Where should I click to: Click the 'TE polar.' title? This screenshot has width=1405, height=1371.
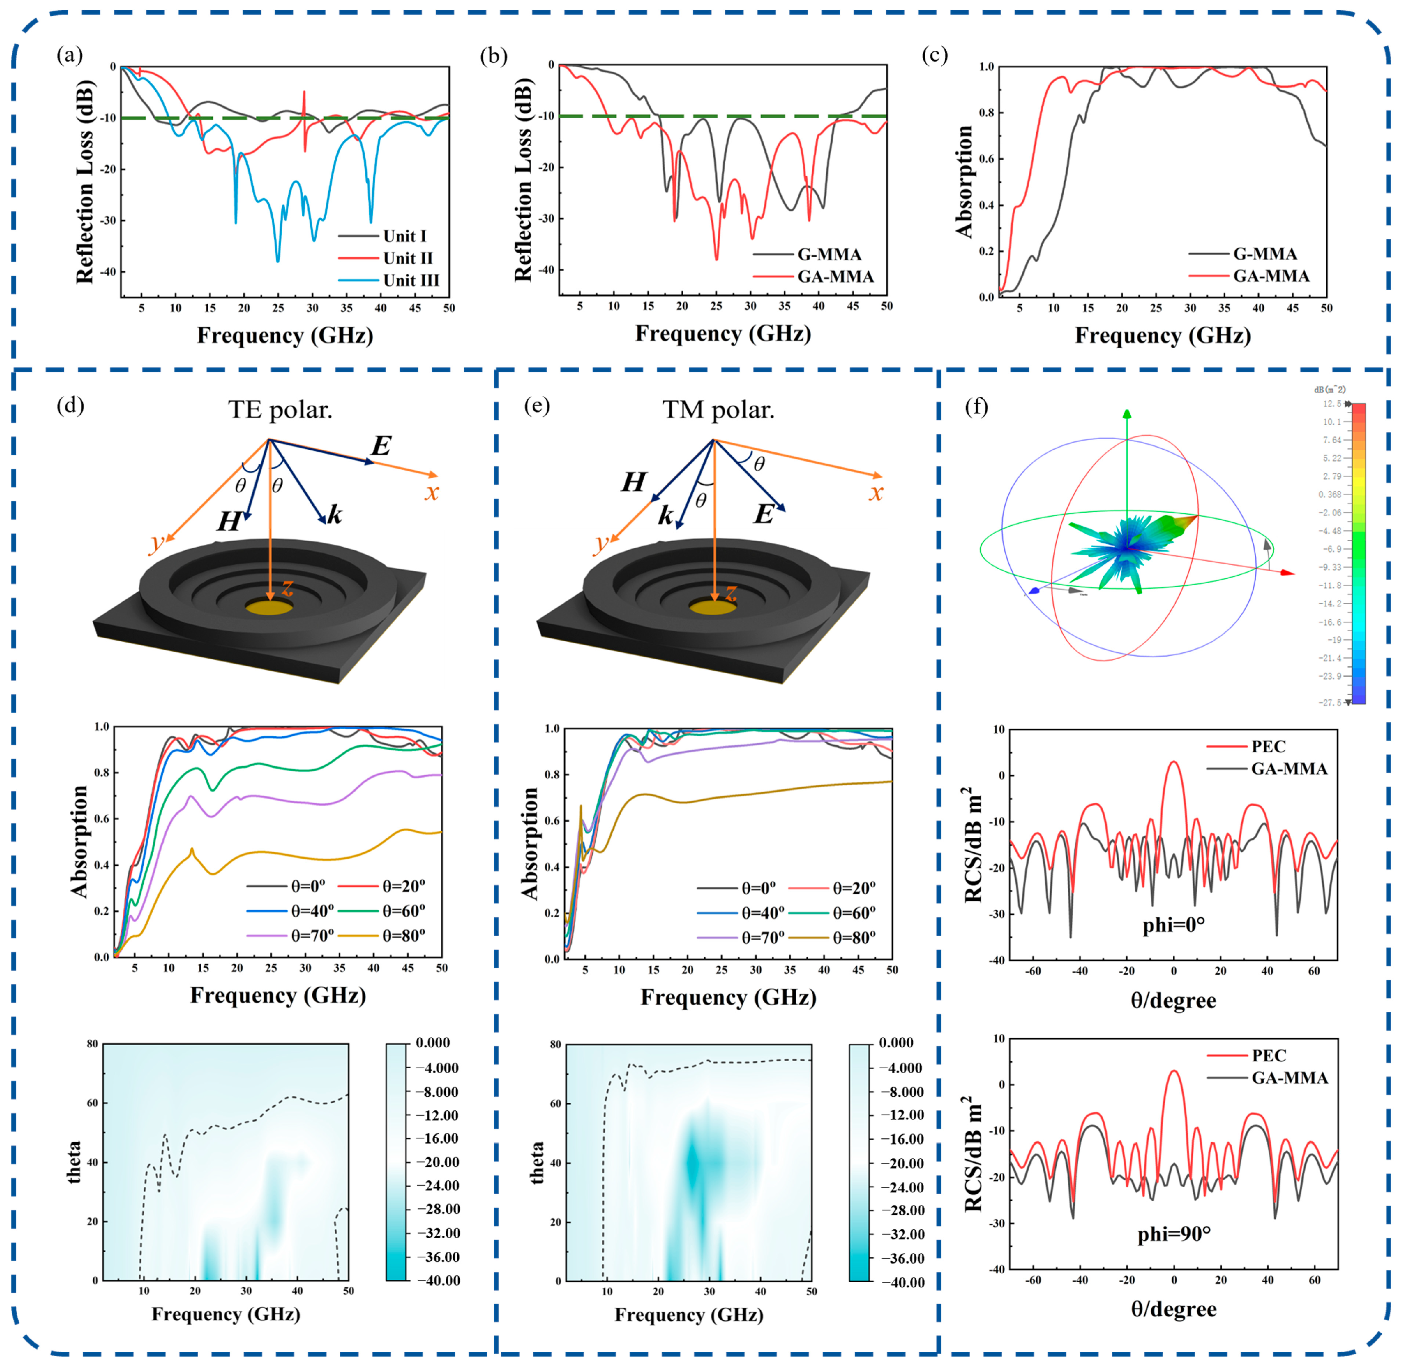coord(280,410)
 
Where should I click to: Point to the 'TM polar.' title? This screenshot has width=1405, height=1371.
coord(718,410)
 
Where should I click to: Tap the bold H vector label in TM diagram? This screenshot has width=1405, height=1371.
coord(634,483)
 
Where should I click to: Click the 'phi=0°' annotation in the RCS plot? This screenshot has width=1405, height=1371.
coord(1174,924)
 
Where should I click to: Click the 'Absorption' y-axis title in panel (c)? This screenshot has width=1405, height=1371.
coord(964,182)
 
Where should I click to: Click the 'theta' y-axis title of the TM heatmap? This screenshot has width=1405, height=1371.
coord(537,1162)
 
